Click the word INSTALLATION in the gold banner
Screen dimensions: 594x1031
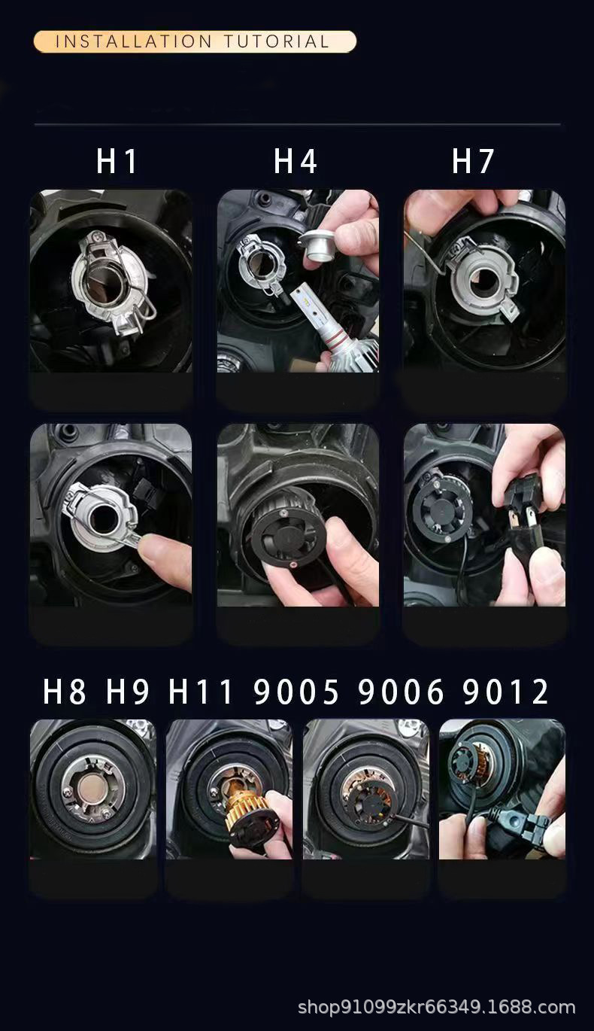133,42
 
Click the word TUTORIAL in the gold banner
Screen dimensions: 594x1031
277,42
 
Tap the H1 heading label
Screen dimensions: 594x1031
117,161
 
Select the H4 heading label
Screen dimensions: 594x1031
295,161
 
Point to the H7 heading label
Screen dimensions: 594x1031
473,161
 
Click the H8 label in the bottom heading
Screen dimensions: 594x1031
65,692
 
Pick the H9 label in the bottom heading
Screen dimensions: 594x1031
128,692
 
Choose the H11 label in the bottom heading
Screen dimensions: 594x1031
201,692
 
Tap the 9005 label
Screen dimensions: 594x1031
296,692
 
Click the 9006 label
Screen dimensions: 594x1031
401,692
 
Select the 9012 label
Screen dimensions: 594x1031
505,692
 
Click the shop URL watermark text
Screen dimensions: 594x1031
436,1007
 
